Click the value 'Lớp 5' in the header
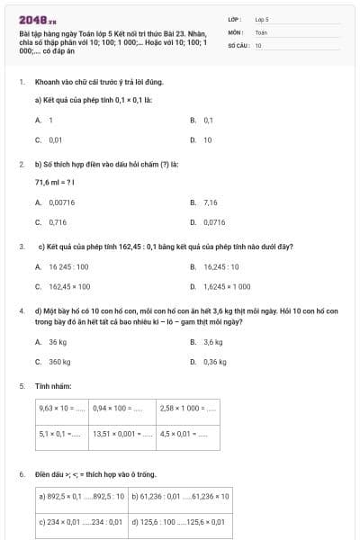262,18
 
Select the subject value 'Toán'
261,31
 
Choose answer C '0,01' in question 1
55,140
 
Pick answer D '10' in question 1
207,140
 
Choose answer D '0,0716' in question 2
214,221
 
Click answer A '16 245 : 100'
68,266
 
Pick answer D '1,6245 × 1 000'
227,286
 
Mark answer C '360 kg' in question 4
59,361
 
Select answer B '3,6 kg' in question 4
213,342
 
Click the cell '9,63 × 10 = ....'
62,408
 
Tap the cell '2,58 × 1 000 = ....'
188,408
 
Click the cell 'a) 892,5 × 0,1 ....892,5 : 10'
82,496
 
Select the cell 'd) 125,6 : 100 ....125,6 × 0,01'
179,521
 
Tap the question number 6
21,473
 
